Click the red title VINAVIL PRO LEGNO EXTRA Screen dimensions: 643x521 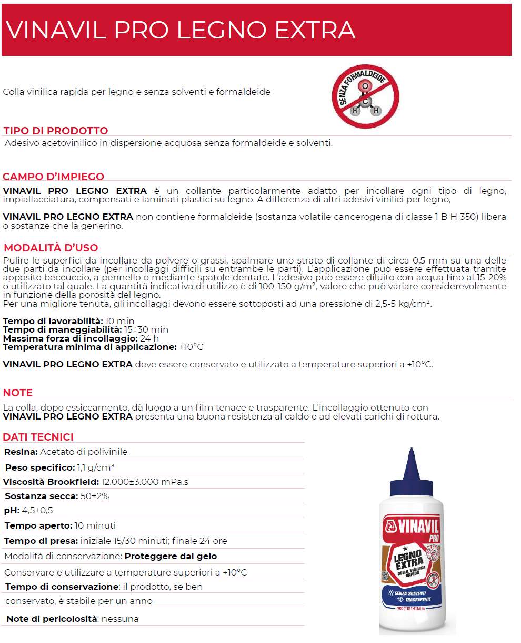pos(181,30)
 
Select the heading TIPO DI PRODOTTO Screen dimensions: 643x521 pos(55,131)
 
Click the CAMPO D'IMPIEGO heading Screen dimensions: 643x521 pos(54,177)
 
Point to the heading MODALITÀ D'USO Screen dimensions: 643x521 pos(51,248)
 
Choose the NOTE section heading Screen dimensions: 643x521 pos(18,393)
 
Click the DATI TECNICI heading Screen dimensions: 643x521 pos(38,437)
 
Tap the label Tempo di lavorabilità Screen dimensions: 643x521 pos(53,321)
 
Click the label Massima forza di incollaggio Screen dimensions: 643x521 pos(70,338)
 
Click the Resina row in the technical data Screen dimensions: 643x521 pos(66,452)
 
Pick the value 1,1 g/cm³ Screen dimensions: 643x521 pos(96,467)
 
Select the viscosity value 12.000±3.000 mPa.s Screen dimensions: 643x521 pos(145,482)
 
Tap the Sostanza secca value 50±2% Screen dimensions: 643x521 pos(95,496)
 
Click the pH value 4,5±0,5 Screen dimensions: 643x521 pos(37,510)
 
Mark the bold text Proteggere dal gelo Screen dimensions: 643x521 pos(171,556)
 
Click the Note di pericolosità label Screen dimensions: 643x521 pos(52,619)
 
